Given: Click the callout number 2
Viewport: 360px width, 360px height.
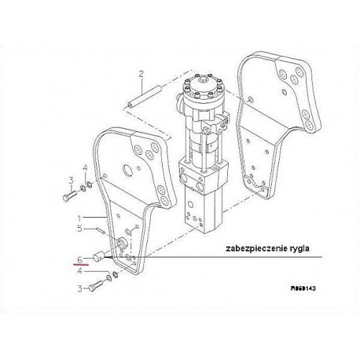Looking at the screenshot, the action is tap(141, 74).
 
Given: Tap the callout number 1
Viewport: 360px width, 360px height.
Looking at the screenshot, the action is tap(79, 219).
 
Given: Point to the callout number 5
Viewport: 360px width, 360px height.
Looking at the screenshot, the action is tap(79, 229).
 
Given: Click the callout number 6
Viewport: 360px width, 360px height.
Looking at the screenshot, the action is tap(80, 260).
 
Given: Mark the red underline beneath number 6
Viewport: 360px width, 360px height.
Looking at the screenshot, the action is tap(81, 265).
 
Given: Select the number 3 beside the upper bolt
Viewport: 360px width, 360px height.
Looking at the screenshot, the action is tap(71, 181).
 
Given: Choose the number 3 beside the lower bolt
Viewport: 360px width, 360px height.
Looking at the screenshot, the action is tap(80, 288).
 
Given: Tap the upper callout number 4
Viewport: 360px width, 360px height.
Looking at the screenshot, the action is tap(85, 168).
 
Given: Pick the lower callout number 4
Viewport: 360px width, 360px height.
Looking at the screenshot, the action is tap(79, 271).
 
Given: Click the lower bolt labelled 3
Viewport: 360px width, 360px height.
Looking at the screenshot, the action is tap(96, 285).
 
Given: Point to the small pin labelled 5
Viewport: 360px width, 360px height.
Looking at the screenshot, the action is tap(101, 230).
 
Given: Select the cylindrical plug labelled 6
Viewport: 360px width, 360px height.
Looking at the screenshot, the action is tap(99, 256).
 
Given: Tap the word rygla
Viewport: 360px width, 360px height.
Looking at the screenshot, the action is tap(301, 248).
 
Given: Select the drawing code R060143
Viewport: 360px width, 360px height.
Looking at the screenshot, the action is tap(303, 288).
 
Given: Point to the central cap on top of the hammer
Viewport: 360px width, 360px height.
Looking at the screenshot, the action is tap(204, 80).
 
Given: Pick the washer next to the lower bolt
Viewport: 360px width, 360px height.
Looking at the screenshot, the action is tap(108, 277).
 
